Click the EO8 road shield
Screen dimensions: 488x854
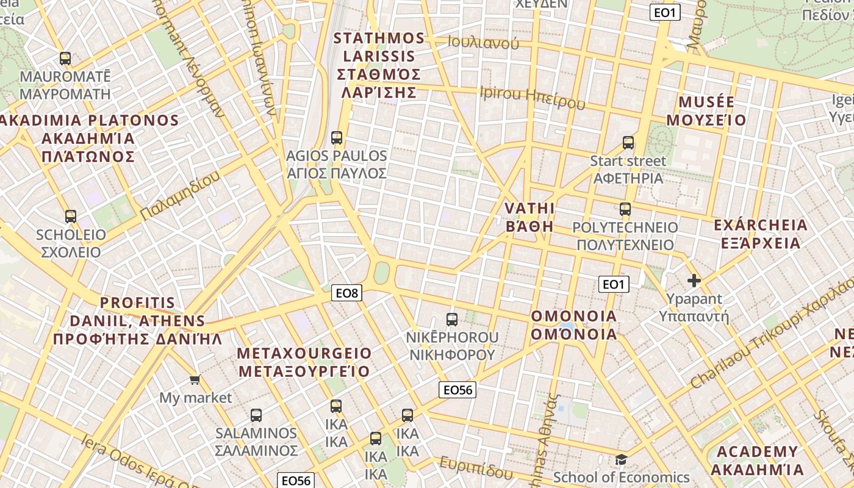coord(347,293)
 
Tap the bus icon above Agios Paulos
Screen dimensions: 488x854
coord(337,138)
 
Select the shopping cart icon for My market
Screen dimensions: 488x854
coord(195,380)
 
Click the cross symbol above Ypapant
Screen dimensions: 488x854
coord(694,281)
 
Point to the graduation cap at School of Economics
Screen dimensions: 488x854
coord(621,459)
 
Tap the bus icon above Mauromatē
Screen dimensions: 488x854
coord(65,59)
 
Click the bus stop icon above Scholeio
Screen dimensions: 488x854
coord(71,217)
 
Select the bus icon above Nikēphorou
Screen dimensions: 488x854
coord(452,319)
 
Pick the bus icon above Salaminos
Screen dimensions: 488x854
coord(256,415)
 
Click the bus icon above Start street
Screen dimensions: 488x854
coord(628,143)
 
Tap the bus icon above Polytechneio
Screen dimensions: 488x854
coord(625,209)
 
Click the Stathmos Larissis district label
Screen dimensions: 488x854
coord(379,65)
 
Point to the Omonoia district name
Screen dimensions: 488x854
coord(574,325)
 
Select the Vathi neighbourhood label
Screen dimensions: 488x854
coord(529,217)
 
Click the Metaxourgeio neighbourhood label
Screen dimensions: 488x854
coord(304,362)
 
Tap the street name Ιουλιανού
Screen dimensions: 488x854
coord(483,43)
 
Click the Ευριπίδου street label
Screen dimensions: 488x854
coord(476,467)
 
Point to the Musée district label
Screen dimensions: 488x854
coord(706,110)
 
